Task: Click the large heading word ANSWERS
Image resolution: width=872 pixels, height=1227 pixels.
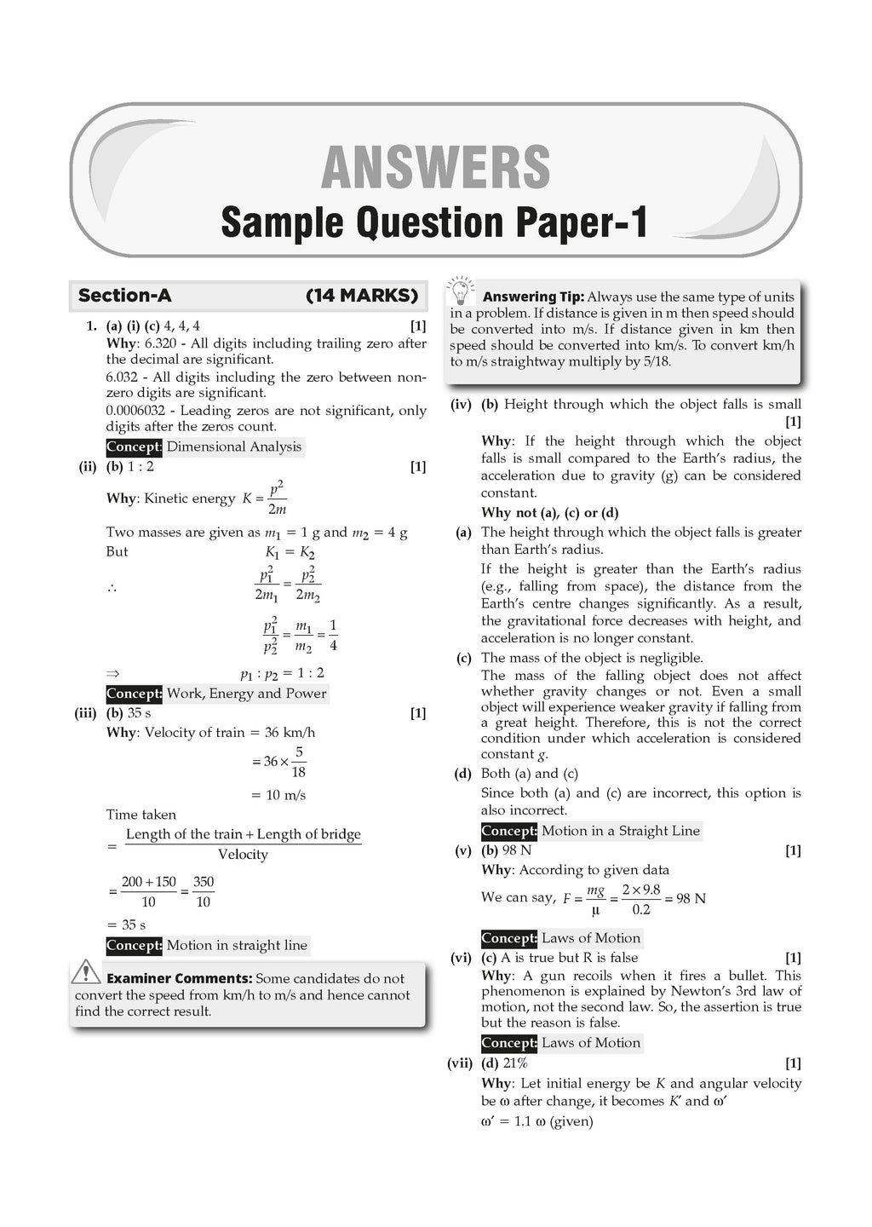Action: click(435, 168)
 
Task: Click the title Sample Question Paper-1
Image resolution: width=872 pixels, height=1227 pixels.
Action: click(434, 223)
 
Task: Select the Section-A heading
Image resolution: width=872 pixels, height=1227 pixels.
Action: click(124, 296)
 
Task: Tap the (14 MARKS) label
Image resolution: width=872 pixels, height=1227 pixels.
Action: click(362, 296)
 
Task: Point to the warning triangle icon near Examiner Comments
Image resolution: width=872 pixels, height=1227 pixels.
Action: click(87, 972)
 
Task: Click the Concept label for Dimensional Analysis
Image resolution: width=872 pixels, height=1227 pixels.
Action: click(204, 446)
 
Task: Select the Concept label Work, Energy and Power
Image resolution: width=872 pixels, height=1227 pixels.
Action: click(216, 694)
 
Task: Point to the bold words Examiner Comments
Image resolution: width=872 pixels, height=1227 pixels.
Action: click(179, 978)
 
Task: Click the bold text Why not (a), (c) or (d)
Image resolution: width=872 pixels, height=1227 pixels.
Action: click(549, 513)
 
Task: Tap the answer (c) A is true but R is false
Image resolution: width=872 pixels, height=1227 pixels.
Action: click(559, 958)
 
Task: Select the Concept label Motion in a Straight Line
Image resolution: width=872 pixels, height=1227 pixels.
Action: click(591, 831)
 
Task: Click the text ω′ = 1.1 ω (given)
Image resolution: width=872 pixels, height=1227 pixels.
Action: click(536, 1121)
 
